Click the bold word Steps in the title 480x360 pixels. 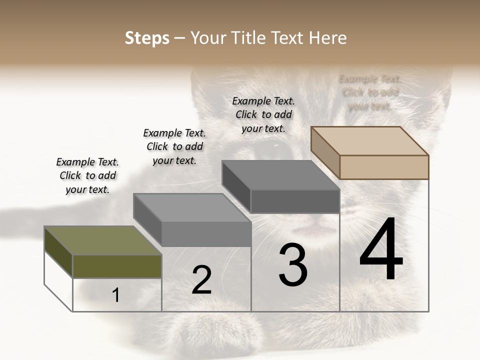point(147,38)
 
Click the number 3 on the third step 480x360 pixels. point(293,265)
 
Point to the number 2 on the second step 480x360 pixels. point(201,280)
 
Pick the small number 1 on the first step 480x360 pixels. point(116,295)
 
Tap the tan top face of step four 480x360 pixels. point(369,140)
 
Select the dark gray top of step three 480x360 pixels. point(280,175)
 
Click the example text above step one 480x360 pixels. point(87,175)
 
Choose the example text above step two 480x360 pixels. point(174,146)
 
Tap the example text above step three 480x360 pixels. point(263,114)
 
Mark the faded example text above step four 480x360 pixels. point(369,92)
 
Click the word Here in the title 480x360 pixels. point(327,38)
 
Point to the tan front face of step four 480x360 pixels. point(384,167)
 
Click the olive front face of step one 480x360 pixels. point(117,266)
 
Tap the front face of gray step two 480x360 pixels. point(206,234)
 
